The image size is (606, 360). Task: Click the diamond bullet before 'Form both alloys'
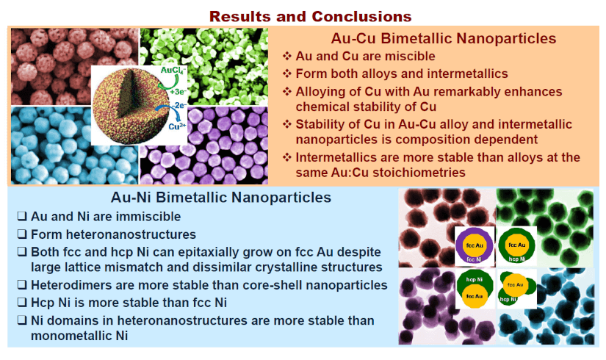coord(287,73)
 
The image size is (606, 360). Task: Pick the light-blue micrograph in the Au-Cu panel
coord(51,147)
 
